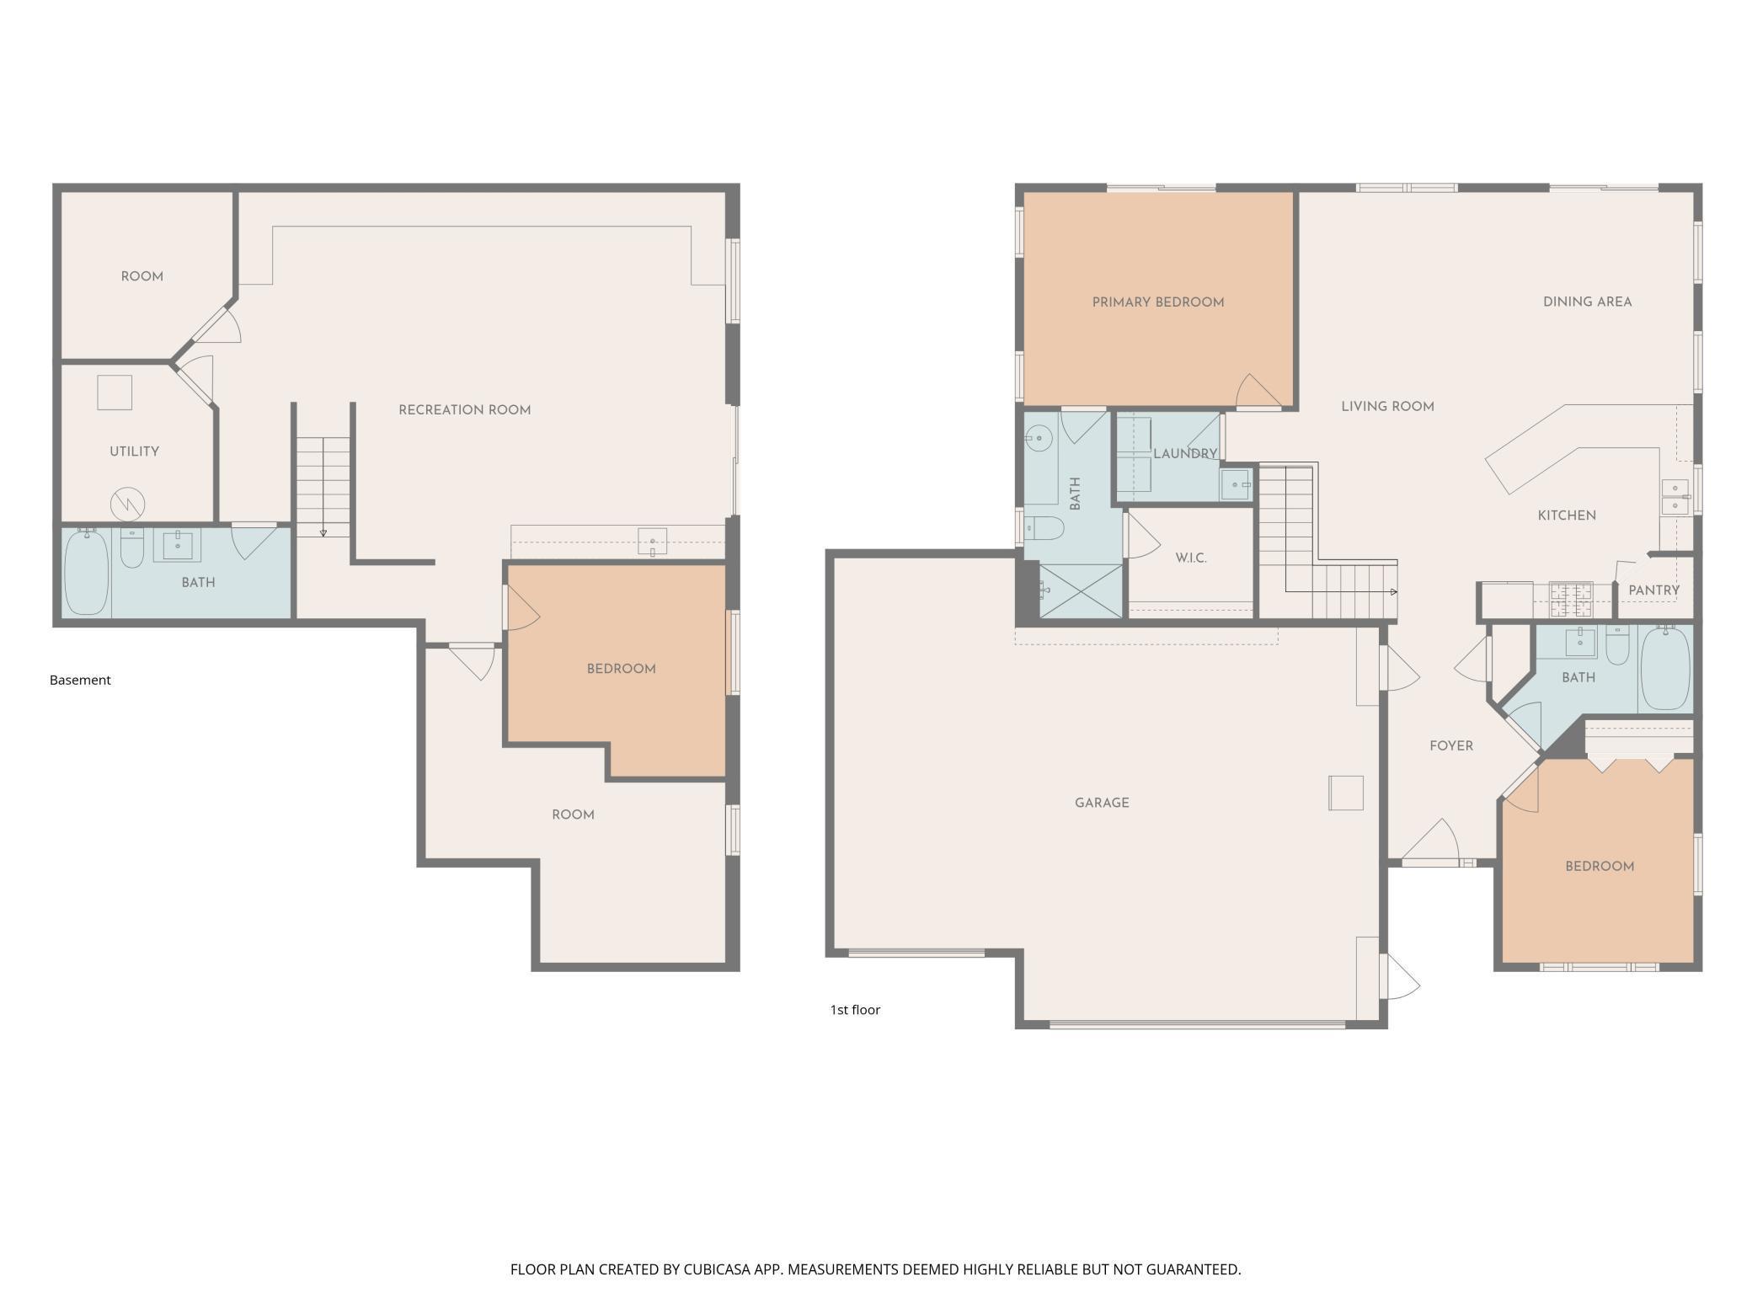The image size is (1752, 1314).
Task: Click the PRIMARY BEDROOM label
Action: coord(1157,302)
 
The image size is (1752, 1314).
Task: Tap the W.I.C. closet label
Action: coord(1191,558)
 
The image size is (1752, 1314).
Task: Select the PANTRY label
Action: coord(1653,590)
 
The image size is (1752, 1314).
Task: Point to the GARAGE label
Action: coord(1102,803)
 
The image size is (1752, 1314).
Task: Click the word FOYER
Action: coord(1451,746)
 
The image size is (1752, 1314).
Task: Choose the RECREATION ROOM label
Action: coord(464,410)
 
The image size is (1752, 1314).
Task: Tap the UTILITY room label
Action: coord(134,451)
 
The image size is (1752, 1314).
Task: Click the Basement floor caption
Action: coord(80,680)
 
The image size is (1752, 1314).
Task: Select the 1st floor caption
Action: coord(855,1009)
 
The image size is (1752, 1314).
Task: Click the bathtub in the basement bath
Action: coord(87,572)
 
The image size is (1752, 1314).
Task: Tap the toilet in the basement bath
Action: coord(132,547)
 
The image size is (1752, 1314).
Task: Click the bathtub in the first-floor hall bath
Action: coord(1665,668)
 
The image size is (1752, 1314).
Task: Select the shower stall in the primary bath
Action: coord(1082,591)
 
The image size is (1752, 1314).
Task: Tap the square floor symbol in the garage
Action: coord(1345,793)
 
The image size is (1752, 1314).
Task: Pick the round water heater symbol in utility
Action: coord(128,505)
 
